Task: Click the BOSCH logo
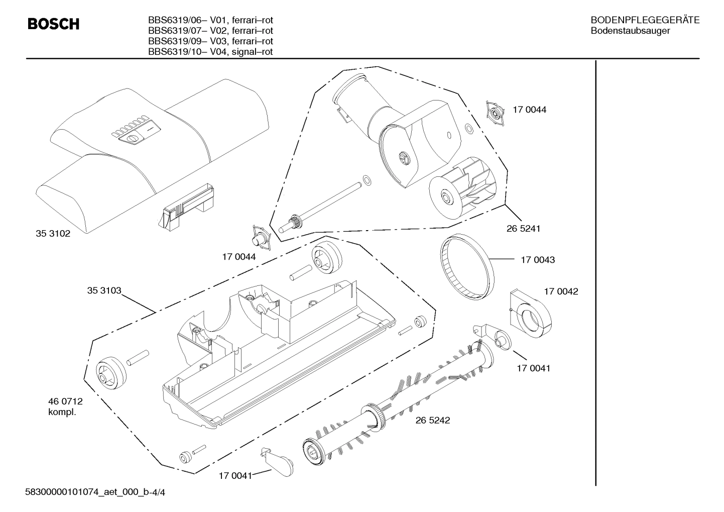click(53, 24)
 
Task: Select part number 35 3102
click(53, 234)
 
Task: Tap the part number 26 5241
click(523, 229)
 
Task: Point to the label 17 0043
click(537, 260)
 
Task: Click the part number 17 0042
click(561, 291)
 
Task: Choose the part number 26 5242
click(432, 420)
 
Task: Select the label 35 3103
click(104, 290)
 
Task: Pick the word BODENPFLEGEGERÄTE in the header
click(645, 20)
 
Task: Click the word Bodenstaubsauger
click(630, 31)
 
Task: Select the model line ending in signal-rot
click(210, 52)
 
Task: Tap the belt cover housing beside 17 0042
click(530, 314)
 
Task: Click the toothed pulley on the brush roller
click(373, 417)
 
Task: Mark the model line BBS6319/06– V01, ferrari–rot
click(210, 20)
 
